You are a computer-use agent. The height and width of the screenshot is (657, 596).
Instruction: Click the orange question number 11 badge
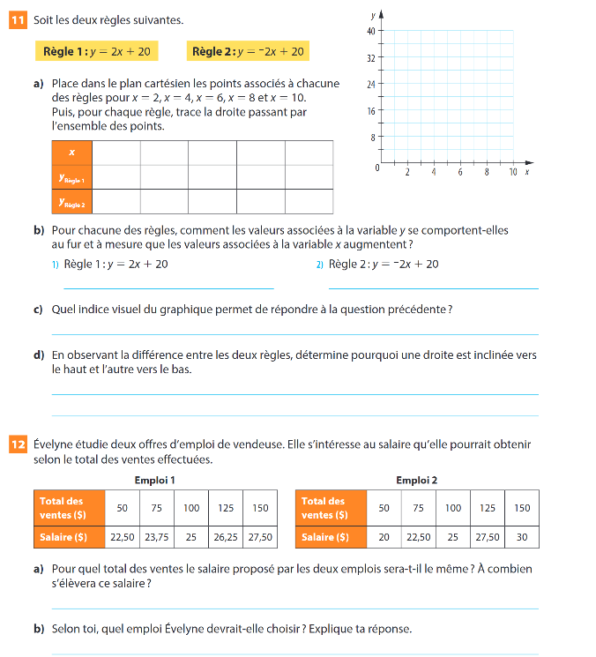pyautogui.click(x=18, y=19)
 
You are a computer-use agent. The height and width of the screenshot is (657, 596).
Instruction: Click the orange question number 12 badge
pyautogui.click(x=18, y=444)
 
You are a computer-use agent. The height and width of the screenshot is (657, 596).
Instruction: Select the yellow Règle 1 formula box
pyautogui.click(x=98, y=52)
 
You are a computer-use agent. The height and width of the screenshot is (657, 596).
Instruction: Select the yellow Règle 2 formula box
pyautogui.click(x=248, y=52)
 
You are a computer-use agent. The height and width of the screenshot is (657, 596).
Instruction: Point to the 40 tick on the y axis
pyautogui.click(x=371, y=31)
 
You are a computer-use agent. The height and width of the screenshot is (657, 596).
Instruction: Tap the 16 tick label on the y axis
pyautogui.click(x=371, y=111)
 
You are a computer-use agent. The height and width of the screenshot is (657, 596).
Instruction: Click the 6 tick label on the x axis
pyautogui.click(x=460, y=172)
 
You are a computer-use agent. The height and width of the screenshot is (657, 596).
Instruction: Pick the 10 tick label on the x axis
pyautogui.click(x=512, y=172)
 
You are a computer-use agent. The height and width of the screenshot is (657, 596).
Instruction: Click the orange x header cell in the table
pyautogui.click(x=71, y=153)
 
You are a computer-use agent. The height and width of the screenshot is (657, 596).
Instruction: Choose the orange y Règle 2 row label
pyautogui.click(x=71, y=203)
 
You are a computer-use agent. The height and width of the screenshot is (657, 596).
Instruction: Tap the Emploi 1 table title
pyautogui.click(x=154, y=481)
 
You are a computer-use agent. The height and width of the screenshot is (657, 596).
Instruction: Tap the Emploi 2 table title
pyautogui.click(x=416, y=481)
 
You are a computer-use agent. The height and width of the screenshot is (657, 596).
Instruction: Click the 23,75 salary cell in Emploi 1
pyautogui.click(x=157, y=536)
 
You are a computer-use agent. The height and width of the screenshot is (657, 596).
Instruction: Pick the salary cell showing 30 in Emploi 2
pyautogui.click(x=522, y=536)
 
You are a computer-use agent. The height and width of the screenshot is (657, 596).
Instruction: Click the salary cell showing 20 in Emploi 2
pyautogui.click(x=384, y=536)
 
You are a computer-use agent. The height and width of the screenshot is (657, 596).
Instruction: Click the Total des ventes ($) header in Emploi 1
pyautogui.click(x=69, y=508)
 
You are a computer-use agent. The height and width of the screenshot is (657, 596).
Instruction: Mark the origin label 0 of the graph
pyautogui.click(x=377, y=168)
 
